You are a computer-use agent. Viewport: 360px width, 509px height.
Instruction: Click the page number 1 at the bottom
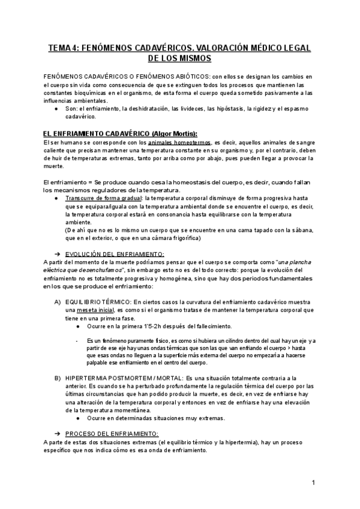click(x=313, y=482)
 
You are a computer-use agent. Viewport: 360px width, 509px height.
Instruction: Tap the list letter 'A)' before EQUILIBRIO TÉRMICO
click(x=58, y=301)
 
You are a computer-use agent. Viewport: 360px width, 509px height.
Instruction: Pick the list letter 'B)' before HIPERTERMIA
click(x=58, y=379)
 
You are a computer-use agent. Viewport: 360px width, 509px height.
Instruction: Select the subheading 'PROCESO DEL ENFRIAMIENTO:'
click(x=112, y=433)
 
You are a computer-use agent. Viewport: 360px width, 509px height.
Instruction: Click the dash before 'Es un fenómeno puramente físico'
click(x=79, y=341)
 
